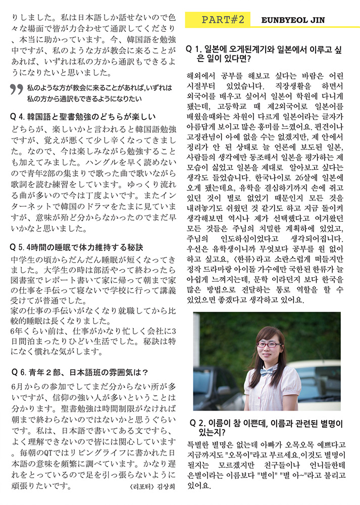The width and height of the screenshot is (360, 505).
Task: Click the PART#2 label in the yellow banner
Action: tap(223, 20)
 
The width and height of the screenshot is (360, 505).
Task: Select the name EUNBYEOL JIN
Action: tap(293, 20)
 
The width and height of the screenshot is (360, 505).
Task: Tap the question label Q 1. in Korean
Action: tap(194, 49)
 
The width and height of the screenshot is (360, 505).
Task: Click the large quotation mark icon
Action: tap(16, 90)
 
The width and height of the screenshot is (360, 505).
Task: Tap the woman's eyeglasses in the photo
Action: tap(270, 344)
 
